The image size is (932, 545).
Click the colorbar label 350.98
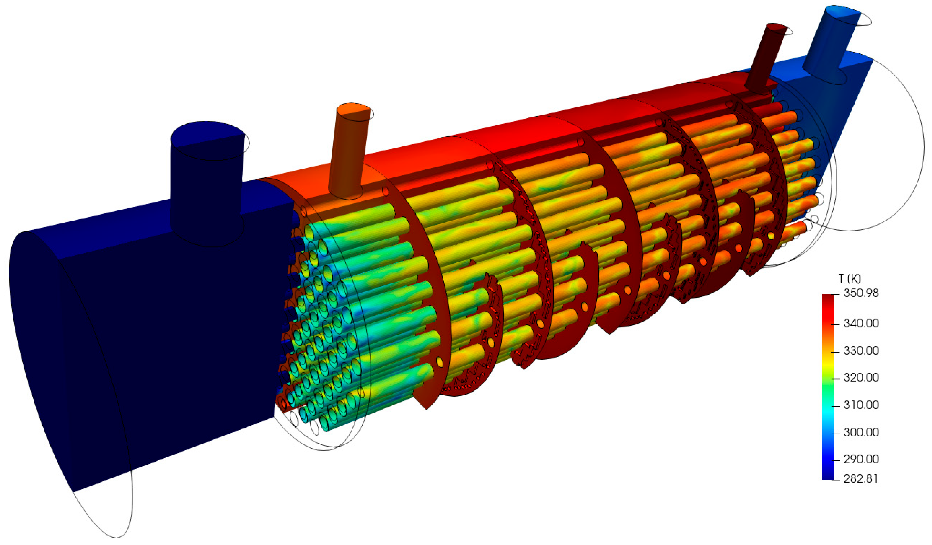click(861, 293)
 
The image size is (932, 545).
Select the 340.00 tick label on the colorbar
click(861, 323)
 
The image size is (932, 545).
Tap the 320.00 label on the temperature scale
click(861, 378)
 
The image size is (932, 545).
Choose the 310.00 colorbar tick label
click(861, 405)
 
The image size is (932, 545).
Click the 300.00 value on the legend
click(861, 432)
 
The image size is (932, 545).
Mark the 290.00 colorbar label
click(861, 459)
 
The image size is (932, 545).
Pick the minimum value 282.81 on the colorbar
click(861, 479)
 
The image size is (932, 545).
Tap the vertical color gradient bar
click(827, 387)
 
